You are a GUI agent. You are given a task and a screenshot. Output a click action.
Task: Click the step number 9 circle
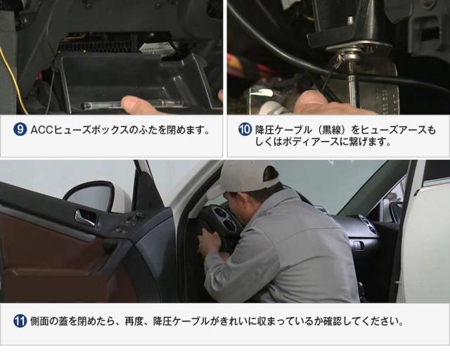[x=20, y=130]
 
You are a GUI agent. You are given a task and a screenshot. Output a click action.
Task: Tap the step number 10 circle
[x=245, y=129]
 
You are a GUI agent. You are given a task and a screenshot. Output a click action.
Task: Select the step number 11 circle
[x=20, y=321]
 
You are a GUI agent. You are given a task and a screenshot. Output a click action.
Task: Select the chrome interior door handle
[x=85, y=217]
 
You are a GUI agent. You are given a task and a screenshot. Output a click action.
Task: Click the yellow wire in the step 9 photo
[x=11, y=80]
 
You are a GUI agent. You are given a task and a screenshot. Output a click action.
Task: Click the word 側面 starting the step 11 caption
[x=39, y=321]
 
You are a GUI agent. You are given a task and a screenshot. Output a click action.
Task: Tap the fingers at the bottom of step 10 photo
[x=321, y=104]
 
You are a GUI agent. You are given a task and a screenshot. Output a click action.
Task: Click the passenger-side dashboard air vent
[x=368, y=224]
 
